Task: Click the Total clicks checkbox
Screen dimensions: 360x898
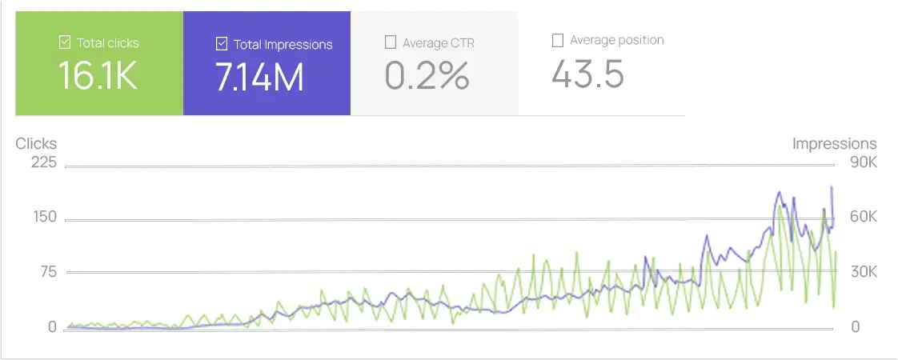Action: pyautogui.click(x=65, y=42)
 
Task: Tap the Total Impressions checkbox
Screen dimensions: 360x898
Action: pyautogui.click(x=222, y=44)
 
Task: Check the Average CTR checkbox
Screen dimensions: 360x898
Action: pyautogui.click(x=391, y=42)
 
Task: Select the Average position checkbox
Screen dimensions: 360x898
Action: pyautogui.click(x=558, y=40)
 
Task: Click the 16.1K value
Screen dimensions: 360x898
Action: pyautogui.click(x=98, y=76)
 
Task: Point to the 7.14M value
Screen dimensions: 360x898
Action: pyautogui.click(x=259, y=77)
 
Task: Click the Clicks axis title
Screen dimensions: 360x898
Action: pyautogui.click(x=36, y=143)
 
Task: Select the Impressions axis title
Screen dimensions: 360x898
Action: pyautogui.click(x=834, y=144)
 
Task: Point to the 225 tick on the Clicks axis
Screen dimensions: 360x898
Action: pyautogui.click(x=43, y=163)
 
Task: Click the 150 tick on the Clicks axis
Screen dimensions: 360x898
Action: pyautogui.click(x=44, y=218)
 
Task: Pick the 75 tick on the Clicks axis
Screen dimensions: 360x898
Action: pyautogui.click(x=47, y=272)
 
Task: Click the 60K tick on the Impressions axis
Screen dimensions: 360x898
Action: pyautogui.click(x=863, y=218)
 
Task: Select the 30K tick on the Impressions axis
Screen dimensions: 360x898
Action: pyautogui.click(x=863, y=272)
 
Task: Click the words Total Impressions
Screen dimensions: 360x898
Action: pyautogui.click(x=283, y=45)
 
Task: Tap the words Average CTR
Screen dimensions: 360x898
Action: pyautogui.click(x=439, y=42)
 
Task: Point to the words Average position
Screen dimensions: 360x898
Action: pyautogui.click(x=617, y=40)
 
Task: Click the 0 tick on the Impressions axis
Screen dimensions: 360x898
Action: pyautogui.click(x=855, y=326)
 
